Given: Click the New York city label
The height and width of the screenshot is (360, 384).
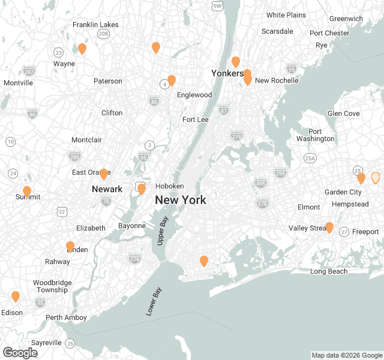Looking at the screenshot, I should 181,200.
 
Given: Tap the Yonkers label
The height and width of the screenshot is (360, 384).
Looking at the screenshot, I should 227,73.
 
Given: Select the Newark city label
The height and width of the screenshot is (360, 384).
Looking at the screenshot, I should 107,189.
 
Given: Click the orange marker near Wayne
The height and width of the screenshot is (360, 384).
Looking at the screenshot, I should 82,49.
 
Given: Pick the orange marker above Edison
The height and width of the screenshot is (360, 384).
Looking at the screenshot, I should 16,296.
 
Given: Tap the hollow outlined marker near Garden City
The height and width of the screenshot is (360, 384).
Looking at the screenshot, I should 376,178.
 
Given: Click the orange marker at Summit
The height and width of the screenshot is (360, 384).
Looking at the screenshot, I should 27,191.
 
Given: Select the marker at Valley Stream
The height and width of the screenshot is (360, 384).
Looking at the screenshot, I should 329,227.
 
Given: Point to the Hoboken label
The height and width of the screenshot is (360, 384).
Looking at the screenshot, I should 169,186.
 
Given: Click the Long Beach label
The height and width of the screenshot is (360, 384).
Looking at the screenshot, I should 329,272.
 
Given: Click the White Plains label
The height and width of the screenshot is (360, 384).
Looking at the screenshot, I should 286,15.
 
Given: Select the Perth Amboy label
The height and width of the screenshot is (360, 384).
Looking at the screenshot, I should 66,317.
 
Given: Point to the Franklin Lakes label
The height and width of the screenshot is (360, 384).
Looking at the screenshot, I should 95,25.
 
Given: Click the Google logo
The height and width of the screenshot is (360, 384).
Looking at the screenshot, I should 20,353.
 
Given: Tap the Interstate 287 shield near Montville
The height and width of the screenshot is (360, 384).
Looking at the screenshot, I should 29,71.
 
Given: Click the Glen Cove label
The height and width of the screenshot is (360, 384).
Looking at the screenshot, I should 344,113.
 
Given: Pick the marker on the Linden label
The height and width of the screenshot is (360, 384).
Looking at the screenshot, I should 70,247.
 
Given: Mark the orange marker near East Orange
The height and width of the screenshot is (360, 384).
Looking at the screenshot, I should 104,174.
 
